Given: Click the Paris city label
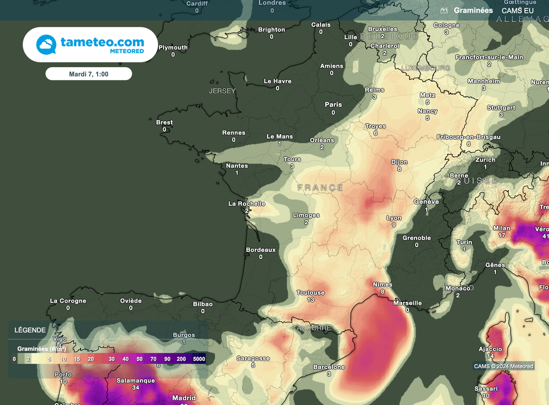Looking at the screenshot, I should point(333,104).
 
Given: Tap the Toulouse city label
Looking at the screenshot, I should point(310,293).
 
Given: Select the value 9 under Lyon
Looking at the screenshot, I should point(394,225).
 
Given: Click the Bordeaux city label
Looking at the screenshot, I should point(261,250).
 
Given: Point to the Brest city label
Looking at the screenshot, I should point(164,122).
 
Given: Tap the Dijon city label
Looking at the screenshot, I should point(399,162).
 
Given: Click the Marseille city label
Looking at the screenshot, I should point(407,303).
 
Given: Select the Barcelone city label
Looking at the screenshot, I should point(329,367).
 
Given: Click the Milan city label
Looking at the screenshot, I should point(502,228).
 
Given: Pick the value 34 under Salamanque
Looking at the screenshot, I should point(136,387).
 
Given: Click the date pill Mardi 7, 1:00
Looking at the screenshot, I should point(88,74).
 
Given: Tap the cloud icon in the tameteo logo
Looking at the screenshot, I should point(46,44).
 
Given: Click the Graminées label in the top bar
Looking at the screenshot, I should point(473,10).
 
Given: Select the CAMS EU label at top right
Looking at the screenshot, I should point(517,10).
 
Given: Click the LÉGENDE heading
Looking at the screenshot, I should point(30,330).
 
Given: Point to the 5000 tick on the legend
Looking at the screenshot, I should point(199,358).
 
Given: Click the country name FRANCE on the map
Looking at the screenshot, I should point(321,187).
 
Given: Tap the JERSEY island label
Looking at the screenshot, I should point(222,91).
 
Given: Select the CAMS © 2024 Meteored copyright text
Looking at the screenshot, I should point(503,366).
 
